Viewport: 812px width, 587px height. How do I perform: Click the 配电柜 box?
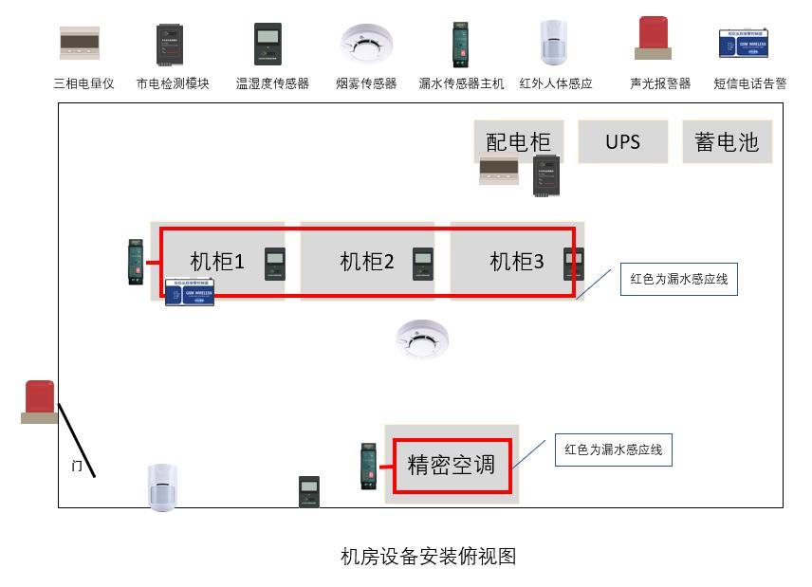tap(518, 142)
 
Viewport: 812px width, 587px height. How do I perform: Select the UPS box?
tap(622, 142)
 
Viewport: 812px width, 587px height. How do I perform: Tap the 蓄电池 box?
tap(727, 142)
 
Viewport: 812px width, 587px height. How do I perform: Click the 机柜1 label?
tap(217, 262)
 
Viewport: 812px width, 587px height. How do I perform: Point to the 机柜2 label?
tap(366, 262)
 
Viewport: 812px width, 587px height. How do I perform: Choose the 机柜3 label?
tap(516, 262)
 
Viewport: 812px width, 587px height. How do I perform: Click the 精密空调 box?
tap(452, 465)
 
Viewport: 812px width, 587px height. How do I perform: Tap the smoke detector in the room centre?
tap(422, 339)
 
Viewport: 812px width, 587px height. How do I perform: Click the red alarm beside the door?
tap(40, 401)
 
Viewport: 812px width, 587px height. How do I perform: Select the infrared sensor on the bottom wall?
tap(163, 486)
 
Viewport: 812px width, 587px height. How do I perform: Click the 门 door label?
tap(77, 466)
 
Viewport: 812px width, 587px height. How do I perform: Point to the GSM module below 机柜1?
tap(190, 292)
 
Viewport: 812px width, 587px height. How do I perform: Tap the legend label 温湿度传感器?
tap(272, 83)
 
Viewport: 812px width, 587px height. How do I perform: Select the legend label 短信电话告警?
tap(749, 83)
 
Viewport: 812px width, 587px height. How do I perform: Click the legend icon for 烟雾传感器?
tap(366, 43)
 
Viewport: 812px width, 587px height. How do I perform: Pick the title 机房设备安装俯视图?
tap(428, 557)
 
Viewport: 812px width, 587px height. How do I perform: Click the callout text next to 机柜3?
tap(678, 280)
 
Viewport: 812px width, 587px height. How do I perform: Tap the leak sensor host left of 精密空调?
tap(370, 466)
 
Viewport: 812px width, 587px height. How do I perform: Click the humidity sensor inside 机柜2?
tap(423, 263)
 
